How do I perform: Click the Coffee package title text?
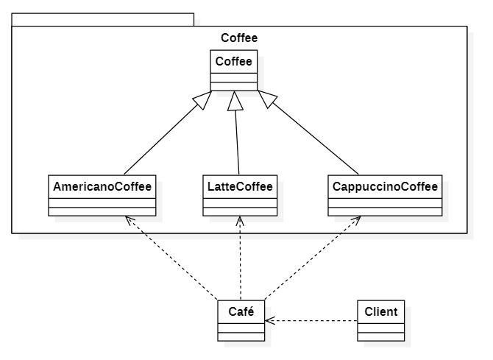pyautogui.click(x=239, y=38)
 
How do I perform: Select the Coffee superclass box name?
pyautogui.click(x=234, y=62)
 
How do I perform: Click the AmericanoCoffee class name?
pyautogui.click(x=102, y=186)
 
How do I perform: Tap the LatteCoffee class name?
pyautogui.click(x=240, y=186)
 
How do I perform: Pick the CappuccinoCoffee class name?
pyautogui.click(x=385, y=186)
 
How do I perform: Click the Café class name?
pyautogui.click(x=241, y=311)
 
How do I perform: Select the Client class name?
pyautogui.click(x=381, y=311)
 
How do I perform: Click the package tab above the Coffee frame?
pyautogui.click(x=102, y=19)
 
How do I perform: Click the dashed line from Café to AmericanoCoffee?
pyautogui.click(x=173, y=258)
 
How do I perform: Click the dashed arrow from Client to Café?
pyautogui.click(x=313, y=321)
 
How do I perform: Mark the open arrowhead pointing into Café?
pyautogui.click(x=269, y=321)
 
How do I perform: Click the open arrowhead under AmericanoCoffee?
pyautogui.click(x=129, y=220)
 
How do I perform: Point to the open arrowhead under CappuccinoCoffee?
pyautogui.click(x=355, y=221)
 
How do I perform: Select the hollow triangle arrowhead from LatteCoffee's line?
pyautogui.click(x=235, y=99)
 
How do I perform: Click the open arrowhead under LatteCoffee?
pyautogui.click(x=241, y=221)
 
